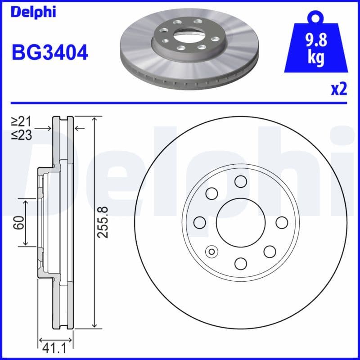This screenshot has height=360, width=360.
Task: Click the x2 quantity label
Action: coord(339,90)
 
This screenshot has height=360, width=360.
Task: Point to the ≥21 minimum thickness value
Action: coord(21,121)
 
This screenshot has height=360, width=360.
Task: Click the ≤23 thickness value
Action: coord(21,135)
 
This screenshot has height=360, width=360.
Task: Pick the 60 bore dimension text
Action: coord(18,222)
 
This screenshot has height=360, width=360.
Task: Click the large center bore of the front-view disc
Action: coord(241,222)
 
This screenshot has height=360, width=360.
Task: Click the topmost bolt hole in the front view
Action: coord(241,181)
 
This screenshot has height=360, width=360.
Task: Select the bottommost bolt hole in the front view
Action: coord(241,263)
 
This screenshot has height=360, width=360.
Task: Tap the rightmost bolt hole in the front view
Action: coord(282,222)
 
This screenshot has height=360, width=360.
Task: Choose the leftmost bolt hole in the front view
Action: coord(200,222)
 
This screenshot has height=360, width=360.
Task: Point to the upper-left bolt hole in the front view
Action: coord(211,193)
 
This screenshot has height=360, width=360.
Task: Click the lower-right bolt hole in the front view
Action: coord(270,251)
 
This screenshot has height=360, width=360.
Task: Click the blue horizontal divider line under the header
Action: coord(180,103)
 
